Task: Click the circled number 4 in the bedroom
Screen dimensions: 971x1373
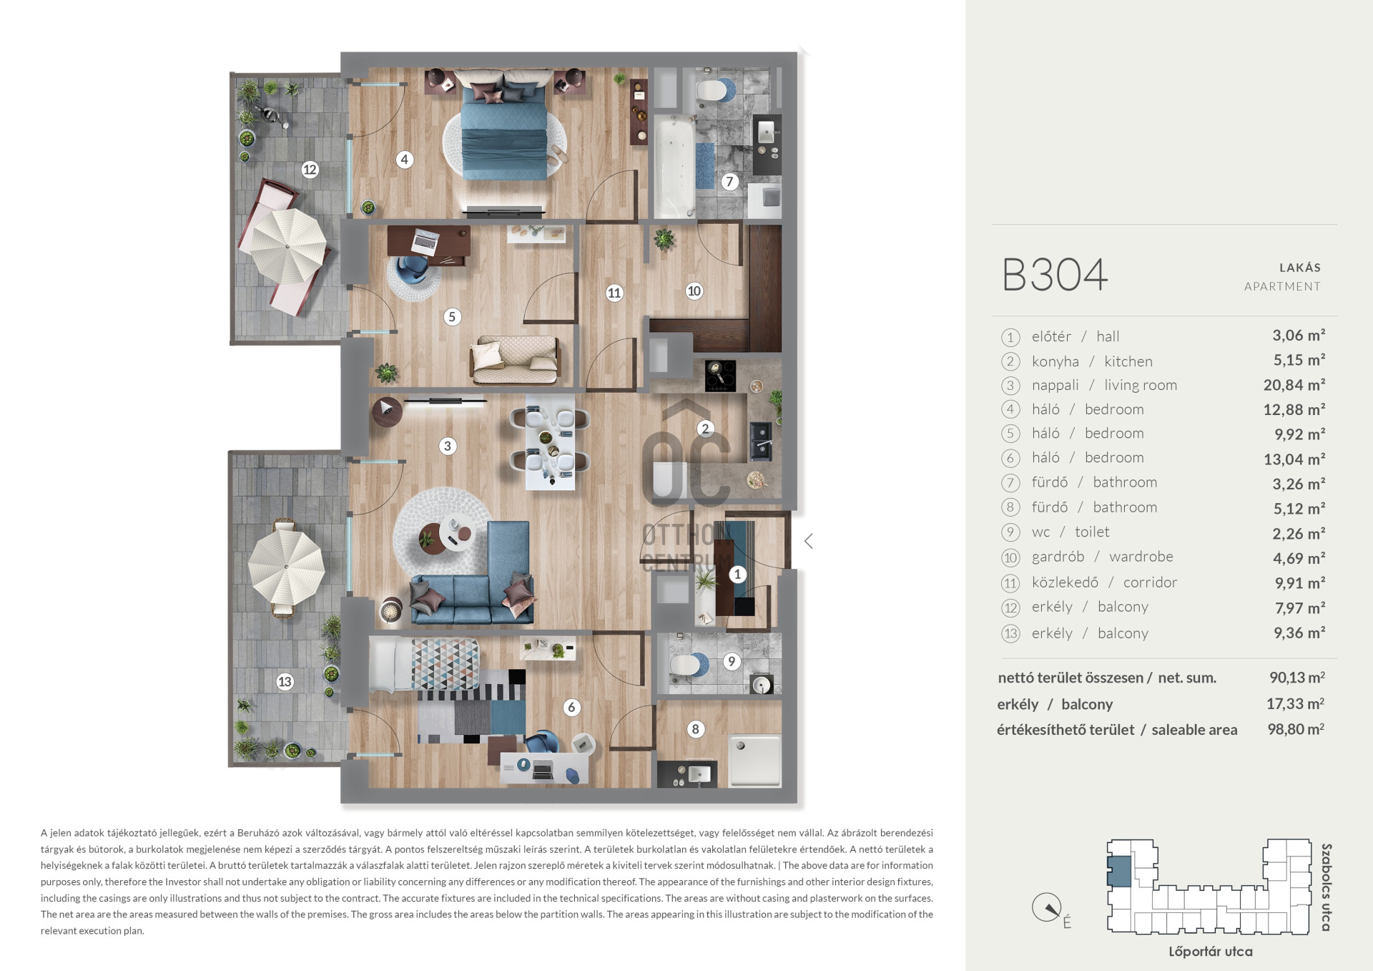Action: pyautogui.click(x=404, y=160)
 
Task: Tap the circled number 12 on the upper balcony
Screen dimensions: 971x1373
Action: pyautogui.click(x=310, y=170)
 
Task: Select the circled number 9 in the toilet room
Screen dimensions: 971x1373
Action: pyautogui.click(x=731, y=661)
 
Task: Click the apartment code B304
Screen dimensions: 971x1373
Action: pyautogui.click(x=1055, y=275)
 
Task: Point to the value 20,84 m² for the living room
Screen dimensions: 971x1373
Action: pyautogui.click(x=1294, y=385)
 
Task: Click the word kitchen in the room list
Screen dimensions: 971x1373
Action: pyautogui.click(x=1128, y=361)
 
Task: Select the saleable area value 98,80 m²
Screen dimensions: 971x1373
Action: pyautogui.click(x=1295, y=729)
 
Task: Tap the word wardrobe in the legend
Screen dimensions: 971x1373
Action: pyautogui.click(x=1141, y=557)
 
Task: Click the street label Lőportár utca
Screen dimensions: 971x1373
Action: pyautogui.click(x=1210, y=952)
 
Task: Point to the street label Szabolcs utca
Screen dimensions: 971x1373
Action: pyautogui.click(x=1326, y=887)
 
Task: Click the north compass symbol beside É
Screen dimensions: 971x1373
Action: pyautogui.click(x=1047, y=908)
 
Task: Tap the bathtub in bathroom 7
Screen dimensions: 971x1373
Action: pyautogui.click(x=674, y=166)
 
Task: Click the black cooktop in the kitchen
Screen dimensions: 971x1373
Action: pyautogui.click(x=720, y=375)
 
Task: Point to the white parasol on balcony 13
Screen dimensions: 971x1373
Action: pyautogui.click(x=287, y=567)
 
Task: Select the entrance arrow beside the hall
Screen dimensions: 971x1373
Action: pyautogui.click(x=809, y=541)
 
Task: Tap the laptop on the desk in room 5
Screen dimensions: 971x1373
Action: pyautogui.click(x=425, y=242)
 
